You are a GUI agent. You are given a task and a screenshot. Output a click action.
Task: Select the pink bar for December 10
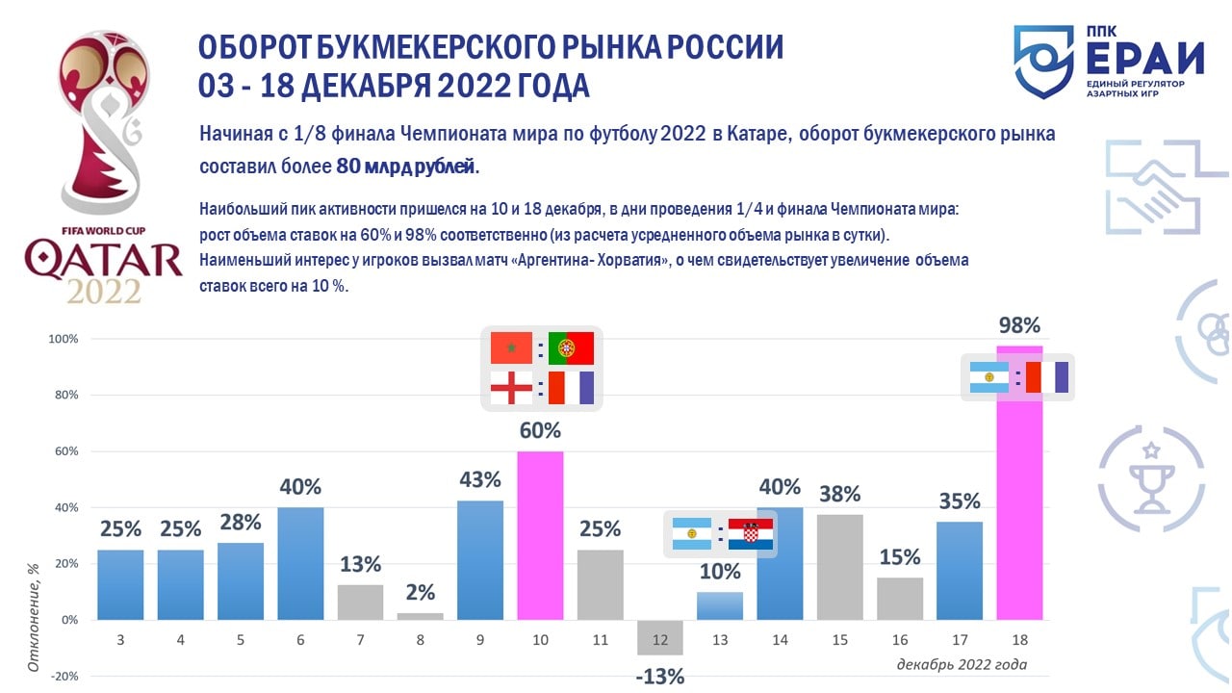coord(540,535)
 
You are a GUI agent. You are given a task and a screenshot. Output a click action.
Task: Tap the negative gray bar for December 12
coord(660,637)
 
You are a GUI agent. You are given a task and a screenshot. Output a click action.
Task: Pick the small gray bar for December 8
coord(420,616)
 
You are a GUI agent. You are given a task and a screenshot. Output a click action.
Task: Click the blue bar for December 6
coord(300,563)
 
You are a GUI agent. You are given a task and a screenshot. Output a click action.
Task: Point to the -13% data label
coord(660,677)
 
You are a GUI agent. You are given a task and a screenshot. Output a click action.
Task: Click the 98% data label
coord(1019,325)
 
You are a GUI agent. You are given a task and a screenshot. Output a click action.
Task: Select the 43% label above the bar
coord(480,478)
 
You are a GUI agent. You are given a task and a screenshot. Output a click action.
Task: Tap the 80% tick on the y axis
coord(64,396)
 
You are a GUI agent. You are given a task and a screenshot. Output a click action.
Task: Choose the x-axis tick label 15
coord(840,638)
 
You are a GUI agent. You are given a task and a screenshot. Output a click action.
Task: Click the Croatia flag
coord(751,533)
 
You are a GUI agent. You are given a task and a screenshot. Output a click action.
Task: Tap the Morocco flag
coord(511,347)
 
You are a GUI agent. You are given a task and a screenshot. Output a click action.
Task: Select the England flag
coord(511,387)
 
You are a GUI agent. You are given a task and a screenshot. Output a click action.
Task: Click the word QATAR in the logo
coord(103,260)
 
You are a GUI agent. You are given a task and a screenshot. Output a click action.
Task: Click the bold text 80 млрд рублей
coord(406,167)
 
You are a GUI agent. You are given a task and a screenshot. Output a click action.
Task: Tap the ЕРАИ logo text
coord(1144,59)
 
